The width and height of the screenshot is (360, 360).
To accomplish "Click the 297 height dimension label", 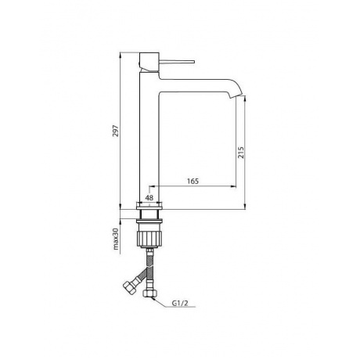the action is [116, 131].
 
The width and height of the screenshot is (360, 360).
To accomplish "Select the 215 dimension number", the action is [241, 153].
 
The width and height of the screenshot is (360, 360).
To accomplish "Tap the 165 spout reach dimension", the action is [193, 181].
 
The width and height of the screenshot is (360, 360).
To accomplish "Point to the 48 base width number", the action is [149, 198].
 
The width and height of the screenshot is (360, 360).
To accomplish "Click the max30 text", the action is [116, 239].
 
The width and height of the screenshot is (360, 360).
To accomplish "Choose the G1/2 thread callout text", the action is [180, 303].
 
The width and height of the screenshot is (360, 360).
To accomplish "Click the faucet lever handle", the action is [177, 62].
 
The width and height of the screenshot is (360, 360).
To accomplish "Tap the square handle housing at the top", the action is [149, 62].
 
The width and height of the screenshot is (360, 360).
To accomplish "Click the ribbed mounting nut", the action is [149, 238].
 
